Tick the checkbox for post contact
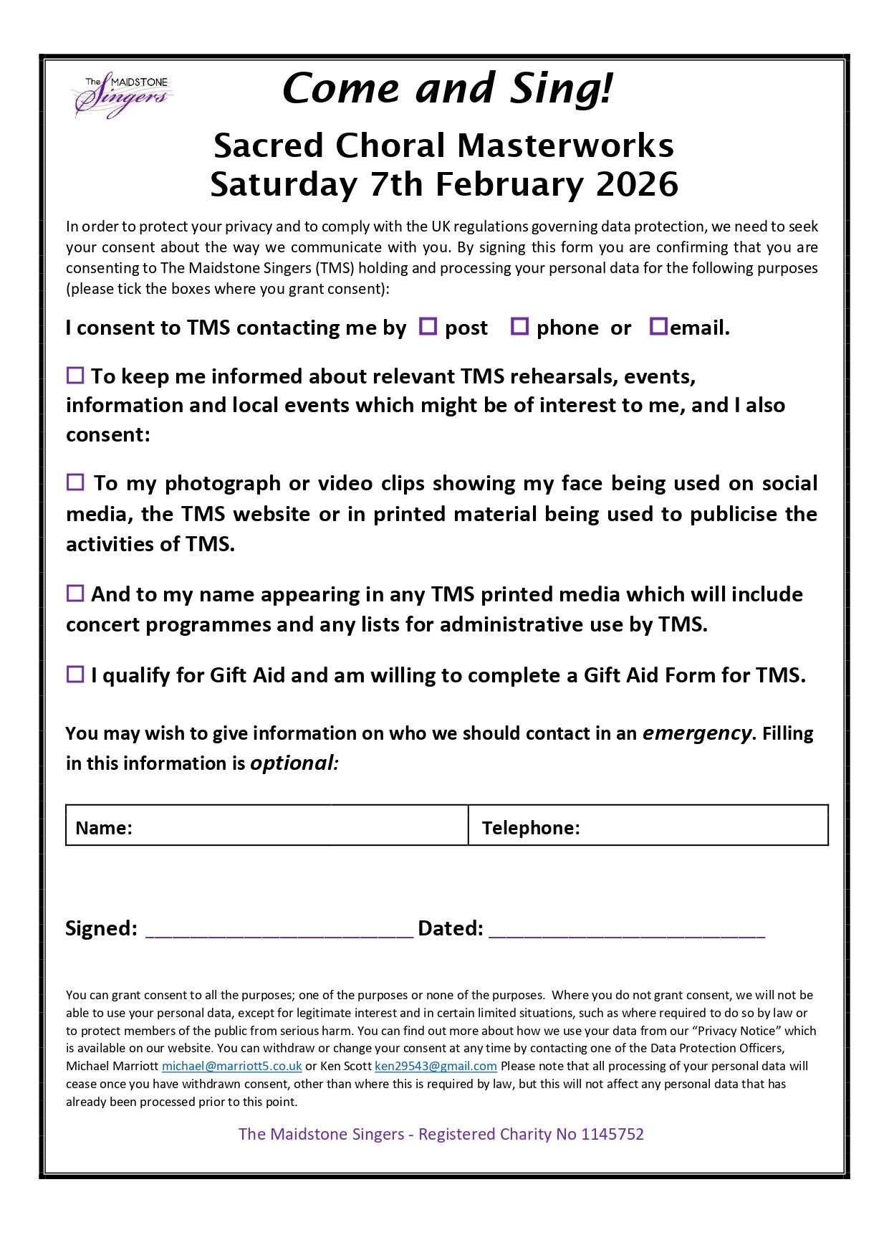[x=428, y=326]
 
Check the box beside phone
[x=519, y=326]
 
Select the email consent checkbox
[x=658, y=326]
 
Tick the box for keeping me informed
[x=75, y=375]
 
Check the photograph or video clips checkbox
[x=75, y=482]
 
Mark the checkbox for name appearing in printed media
[x=75, y=593]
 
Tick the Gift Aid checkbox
[x=75, y=674]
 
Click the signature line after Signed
[x=279, y=930]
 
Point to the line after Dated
[x=627, y=930]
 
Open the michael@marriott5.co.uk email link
[x=232, y=1067]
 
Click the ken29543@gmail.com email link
[x=436, y=1067]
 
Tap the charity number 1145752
[x=612, y=1134]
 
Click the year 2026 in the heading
[x=637, y=185]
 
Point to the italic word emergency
[x=697, y=733]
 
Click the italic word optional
[x=294, y=763]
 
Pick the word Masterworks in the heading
[x=565, y=146]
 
